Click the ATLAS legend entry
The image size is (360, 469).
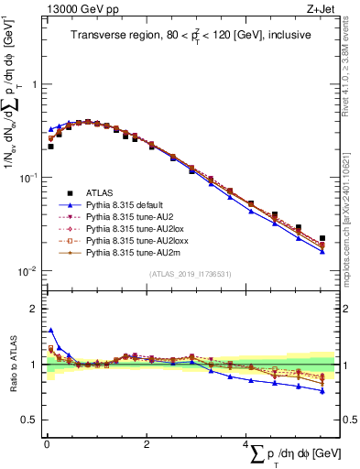pos(100,193)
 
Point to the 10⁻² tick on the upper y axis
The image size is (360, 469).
pos(27,271)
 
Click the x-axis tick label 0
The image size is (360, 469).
pos(47,443)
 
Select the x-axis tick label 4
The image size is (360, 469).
pos(245,443)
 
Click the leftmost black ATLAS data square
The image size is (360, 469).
pos(50,146)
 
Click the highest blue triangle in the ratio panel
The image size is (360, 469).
pos(50,330)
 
